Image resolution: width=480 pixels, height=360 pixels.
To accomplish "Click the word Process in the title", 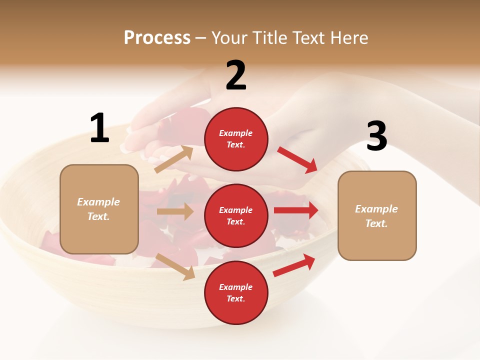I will (157, 38).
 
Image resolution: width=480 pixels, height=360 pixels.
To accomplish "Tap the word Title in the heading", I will (268, 38).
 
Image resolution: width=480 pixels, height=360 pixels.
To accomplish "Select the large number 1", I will (99, 128).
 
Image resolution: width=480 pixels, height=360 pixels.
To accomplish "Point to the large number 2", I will (236, 75).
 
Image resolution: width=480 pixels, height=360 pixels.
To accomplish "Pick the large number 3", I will (376, 136).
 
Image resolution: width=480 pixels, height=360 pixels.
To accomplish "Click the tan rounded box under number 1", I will (99, 209).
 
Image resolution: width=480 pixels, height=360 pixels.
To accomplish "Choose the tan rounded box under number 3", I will (377, 215).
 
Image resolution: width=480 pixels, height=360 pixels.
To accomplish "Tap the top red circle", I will (236, 139).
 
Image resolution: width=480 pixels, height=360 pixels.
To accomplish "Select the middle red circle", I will (236, 215).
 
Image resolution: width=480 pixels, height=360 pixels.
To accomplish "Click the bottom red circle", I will (236, 292).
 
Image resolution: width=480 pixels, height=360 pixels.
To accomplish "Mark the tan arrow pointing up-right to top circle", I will (174, 159).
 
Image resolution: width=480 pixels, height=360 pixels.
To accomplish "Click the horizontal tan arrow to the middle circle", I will (175, 211).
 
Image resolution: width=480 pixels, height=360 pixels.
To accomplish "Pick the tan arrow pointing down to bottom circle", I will (175, 266).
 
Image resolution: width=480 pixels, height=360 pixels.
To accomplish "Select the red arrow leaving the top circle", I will (298, 160).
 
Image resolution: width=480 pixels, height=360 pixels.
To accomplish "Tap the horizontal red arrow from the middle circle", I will (296, 210).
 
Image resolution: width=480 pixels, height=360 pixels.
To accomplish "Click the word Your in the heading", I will (229, 38).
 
